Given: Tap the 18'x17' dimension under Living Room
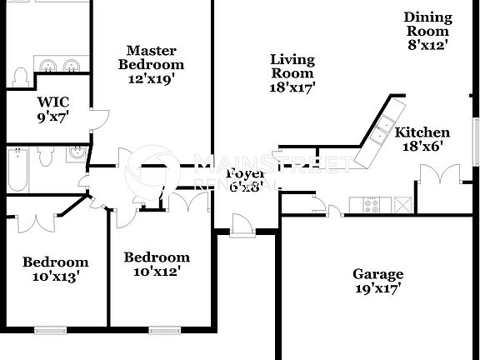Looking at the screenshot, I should (292, 86).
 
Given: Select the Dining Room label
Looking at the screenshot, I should (427, 23).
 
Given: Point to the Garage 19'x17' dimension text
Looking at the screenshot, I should (377, 289).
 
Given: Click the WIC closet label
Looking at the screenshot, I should (52, 102).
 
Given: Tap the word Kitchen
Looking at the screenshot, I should (422, 132).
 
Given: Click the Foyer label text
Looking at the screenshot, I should (247, 173).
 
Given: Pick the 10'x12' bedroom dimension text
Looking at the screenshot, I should (156, 271).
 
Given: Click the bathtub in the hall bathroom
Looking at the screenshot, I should (17, 169).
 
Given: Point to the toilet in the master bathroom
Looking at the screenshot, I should (20, 77).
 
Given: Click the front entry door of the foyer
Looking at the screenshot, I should (241, 223).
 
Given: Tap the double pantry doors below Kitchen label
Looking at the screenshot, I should (438, 174).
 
